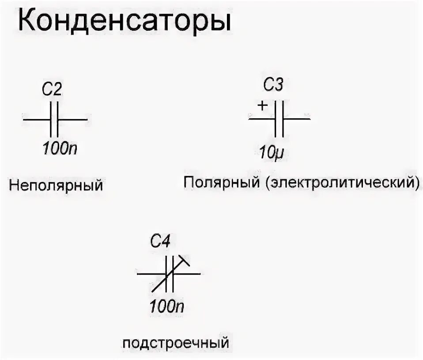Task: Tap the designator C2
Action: [x=52, y=90]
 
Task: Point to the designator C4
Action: [x=160, y=242]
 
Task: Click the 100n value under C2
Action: [x=60, y=149]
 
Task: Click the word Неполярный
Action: [x=56, y=185]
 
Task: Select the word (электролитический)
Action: [x=342, y=182]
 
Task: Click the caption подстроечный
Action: [x=176, y=343]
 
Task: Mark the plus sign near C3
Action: [x=262, y=105]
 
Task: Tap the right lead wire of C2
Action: [x=73, y=120]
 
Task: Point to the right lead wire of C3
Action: [x=297, y=119]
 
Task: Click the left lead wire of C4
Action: [x=151, y=274]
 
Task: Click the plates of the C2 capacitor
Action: [x=54, y=120]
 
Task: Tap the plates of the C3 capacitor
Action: [x=279, y=119]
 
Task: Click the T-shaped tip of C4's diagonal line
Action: [x=185, y=261]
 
